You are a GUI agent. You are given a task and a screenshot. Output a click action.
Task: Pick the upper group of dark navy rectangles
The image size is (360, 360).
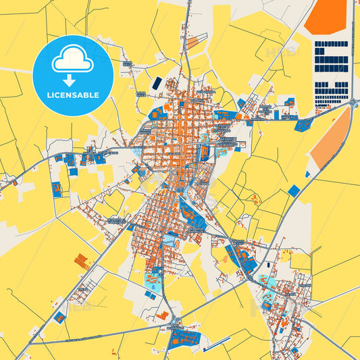click(x=331, y=54)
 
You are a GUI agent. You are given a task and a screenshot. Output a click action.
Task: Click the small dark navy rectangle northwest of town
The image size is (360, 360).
click(x=157, y=82)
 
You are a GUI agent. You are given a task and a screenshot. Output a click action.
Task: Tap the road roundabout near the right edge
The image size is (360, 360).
click(x=352, y=102)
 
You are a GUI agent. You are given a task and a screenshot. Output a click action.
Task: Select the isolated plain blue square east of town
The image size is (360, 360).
click(x=293, y=190)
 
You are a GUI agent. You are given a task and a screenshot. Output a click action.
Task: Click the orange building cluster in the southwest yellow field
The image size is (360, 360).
click(x=82, y=261)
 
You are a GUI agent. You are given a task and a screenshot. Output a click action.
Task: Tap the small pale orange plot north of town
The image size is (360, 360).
click(x=192, y=42)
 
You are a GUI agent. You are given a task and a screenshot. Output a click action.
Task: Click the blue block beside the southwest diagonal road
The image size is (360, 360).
click(x=60, y=317)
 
